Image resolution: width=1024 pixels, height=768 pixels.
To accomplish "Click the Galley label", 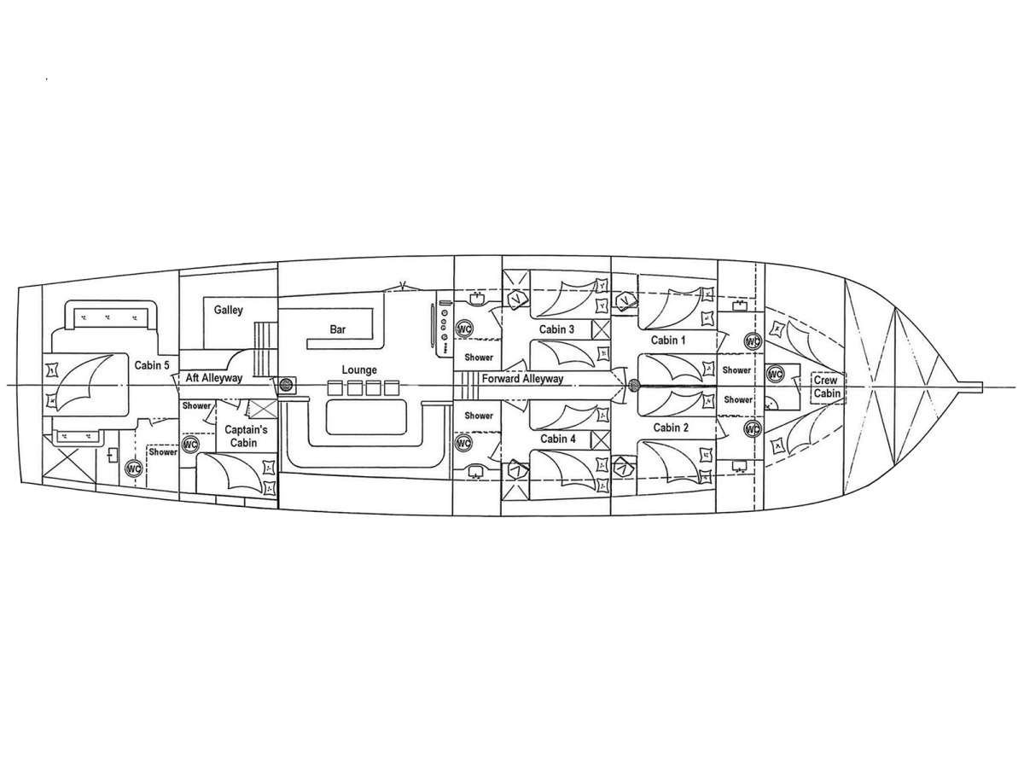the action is pos(229,310).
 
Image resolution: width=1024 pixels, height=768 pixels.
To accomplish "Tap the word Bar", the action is pos(339,329).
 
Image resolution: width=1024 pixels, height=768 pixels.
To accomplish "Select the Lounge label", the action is pos(359,370).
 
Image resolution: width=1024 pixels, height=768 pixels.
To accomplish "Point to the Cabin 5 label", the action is pos(151,364).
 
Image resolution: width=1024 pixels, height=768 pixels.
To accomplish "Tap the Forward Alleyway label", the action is pos(521,379).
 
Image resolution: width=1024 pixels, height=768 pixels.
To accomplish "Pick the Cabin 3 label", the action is pos(556,329).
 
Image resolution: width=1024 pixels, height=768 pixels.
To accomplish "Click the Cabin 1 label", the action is pos(669,340).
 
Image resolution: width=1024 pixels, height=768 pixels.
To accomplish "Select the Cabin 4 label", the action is pos(556,439).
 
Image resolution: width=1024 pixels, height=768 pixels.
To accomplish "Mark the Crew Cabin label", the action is pos(825,387).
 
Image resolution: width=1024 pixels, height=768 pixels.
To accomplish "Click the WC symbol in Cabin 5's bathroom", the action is pos(133,468).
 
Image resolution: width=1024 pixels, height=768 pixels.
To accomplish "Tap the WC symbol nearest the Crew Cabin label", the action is pos(775,374).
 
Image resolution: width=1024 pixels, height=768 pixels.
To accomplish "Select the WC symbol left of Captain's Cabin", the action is pos(189,445).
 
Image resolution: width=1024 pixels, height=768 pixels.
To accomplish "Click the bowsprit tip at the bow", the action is pos(980,386).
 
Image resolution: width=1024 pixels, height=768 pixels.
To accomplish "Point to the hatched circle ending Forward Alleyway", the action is pos(633,386).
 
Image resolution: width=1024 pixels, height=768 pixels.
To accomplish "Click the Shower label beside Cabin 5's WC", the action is pos(162,452).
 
